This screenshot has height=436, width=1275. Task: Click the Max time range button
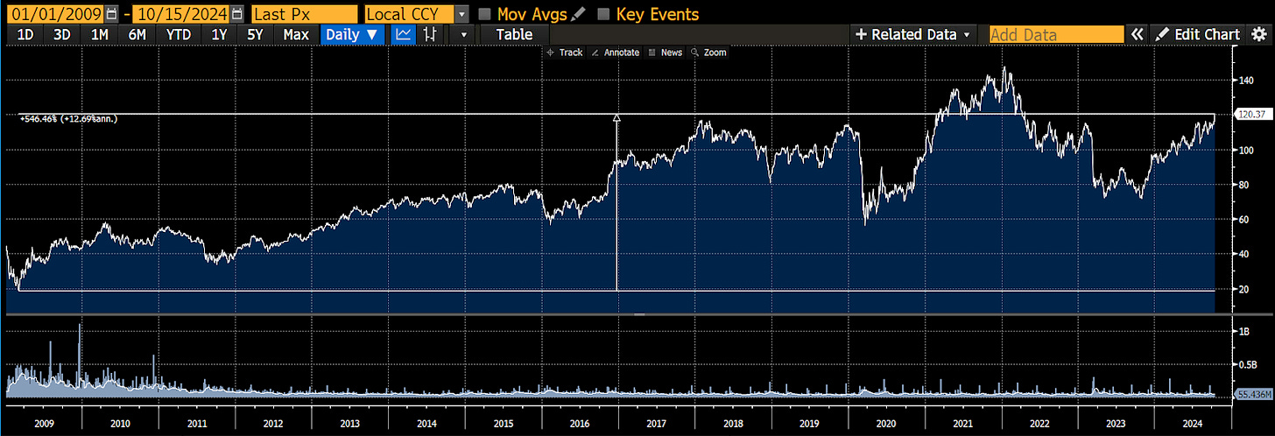tap(296, 34)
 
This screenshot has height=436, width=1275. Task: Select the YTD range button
tap(178, 34)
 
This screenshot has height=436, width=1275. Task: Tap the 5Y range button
tap(255, 34)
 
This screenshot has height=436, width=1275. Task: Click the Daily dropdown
tap(353, 34)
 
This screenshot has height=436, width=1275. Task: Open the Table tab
tap(514, 34)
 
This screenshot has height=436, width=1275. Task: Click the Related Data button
tap(913, 34)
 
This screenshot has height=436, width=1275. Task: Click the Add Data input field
tap(1056, 34)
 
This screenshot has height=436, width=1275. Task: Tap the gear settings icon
tap(1260, 34)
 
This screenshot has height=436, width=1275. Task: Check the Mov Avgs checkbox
tap(484, 14)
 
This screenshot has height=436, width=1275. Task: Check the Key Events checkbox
tap(603, 14)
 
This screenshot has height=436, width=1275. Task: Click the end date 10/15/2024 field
tap(181, 14)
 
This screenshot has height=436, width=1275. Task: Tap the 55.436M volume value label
tap(1250, 396)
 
